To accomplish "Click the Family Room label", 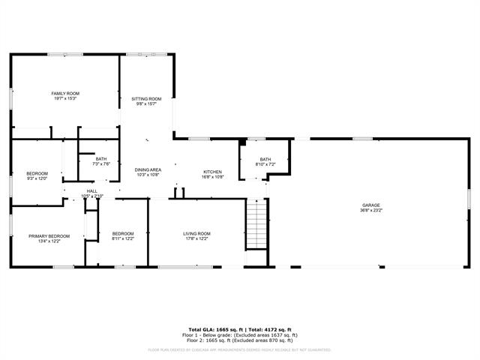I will [65, 93].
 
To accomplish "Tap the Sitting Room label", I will [147, 99].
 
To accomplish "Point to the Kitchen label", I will [212, 172].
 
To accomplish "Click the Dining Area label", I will [148, 170].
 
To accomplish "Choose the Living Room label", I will [197, 233].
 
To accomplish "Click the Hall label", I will [91, 191].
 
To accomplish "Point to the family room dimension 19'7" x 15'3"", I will [65, 98].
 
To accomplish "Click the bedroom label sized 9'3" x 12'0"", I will [37, 175].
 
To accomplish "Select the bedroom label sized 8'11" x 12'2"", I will [123, 236].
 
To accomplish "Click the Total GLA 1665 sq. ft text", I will [214, 329].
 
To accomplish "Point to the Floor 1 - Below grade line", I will [239, 334].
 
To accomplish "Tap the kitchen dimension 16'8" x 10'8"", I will [212, 177].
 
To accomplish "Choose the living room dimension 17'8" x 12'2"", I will [197, 238].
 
